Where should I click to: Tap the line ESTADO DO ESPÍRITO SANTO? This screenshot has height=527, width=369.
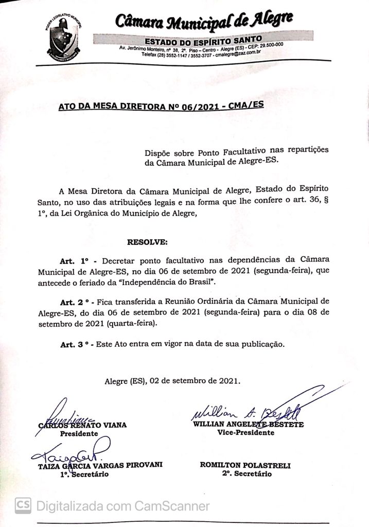point(203,40)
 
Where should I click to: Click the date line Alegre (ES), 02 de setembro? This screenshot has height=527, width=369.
point(172,381)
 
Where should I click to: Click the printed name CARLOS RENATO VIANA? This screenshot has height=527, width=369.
point(82,425)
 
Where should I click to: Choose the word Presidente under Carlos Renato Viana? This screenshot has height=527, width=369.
point(79,434)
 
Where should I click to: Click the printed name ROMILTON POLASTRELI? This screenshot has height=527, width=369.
point(245,465)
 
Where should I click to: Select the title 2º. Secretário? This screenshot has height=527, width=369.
point(246,474)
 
